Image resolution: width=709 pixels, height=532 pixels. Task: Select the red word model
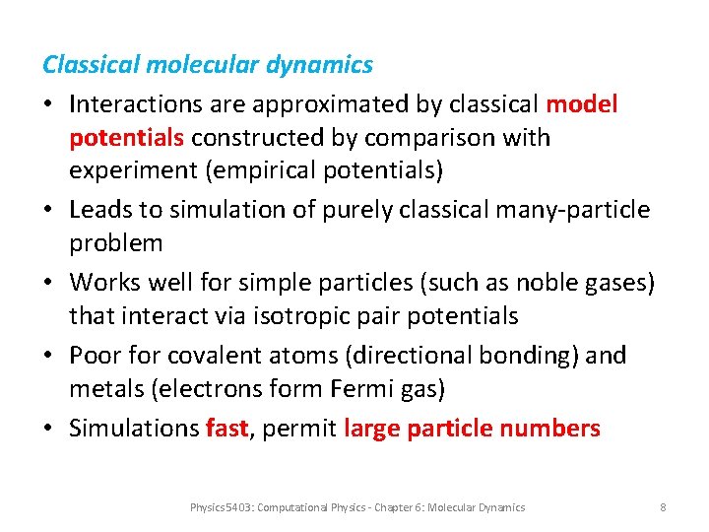click(582, 103)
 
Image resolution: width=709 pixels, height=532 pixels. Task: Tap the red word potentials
click(127, 138)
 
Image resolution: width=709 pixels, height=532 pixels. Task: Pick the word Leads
click(97, 210)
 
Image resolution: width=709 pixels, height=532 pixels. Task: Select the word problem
click(115, 243)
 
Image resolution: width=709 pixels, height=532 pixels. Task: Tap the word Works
click(101, 283)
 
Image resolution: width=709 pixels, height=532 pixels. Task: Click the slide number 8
click(663, 507)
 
